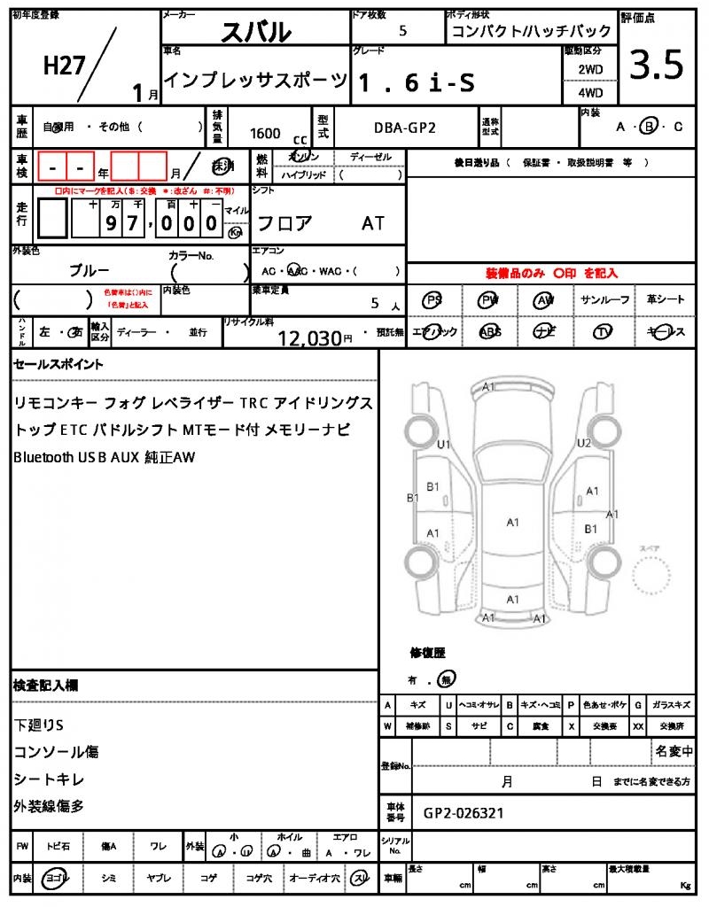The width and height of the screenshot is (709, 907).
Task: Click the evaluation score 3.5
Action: (x=656, y=65)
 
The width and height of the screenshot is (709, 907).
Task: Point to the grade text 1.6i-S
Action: (x=416, y=82)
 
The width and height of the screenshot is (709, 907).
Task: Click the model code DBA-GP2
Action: (x=404, y=129)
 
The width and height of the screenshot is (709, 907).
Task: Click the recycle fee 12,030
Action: (x=309, y=337)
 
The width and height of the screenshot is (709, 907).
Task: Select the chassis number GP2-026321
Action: (x=464, y=812)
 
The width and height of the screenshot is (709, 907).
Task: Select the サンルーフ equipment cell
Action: (x=605, y=300)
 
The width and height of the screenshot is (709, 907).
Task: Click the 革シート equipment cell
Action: (x=666, y=300)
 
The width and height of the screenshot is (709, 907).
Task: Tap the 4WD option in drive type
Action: (x=590, y=92)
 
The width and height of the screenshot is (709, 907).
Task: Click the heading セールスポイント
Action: (x=58, y=364)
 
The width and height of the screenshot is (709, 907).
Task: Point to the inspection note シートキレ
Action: (x=50, y=779)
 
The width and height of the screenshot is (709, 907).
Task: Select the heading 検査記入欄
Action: (x=45, y=686)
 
